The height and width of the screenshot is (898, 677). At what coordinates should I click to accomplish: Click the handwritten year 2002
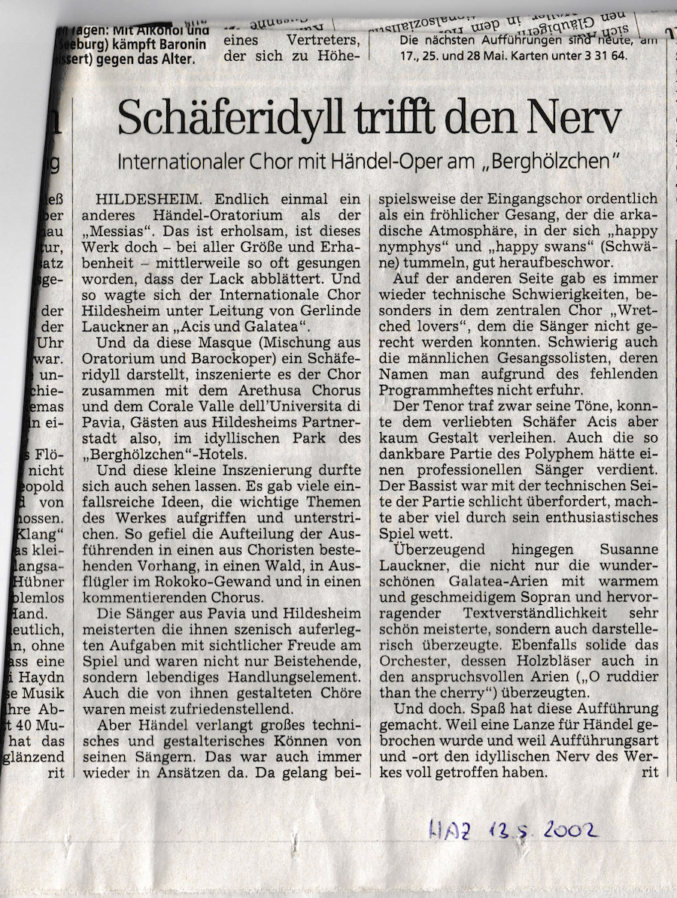click(563, 830)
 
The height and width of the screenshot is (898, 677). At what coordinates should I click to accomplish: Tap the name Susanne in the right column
click(628, 551)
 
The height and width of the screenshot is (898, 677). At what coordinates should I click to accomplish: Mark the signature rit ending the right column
click(649, 773)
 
